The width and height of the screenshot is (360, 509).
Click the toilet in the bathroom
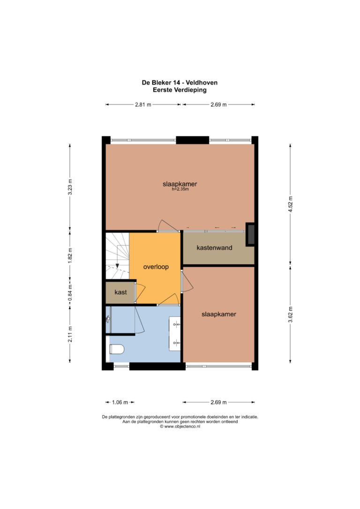(x=117, y=349)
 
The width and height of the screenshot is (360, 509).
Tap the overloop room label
(x=156, y=267)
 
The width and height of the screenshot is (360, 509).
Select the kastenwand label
(x=214, y=247)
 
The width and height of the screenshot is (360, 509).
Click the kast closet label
(x=120, y=292)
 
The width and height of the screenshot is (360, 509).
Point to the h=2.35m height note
(x=180, y=189)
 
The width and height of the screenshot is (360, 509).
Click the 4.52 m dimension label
(x=291, y=204)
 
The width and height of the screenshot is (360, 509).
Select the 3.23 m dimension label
(x=70, y=187)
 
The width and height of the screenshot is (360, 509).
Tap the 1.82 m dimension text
(x=70, y=255)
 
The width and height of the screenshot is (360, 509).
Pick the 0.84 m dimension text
(x=70, y=293)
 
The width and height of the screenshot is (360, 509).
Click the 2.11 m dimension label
(x=70, y=334)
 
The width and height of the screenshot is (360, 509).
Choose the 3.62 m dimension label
(x=291, y=314)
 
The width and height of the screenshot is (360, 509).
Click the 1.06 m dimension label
(x=120, y=402)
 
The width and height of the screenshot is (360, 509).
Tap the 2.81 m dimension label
(x=143, y=105)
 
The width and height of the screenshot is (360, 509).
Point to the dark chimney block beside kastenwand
(x=250, y=234)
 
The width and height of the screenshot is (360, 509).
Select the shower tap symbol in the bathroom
(x=108, y=320)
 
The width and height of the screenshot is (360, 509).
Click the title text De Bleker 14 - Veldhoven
(x=180, y=82)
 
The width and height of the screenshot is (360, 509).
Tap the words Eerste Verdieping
(x=180, y=90)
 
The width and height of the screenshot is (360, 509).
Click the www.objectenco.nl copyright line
(x=180, y=427)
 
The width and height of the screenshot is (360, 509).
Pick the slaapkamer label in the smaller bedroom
(x=219, y=314)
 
